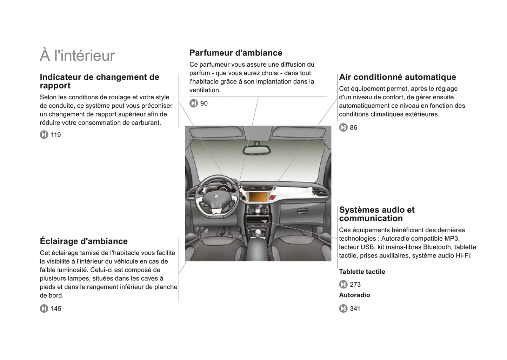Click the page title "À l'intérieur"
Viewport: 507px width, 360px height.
(x=77, y=55)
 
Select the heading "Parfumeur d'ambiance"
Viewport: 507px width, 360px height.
(x=236, y=53)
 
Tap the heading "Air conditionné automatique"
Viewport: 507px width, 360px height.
(x=398, y=77)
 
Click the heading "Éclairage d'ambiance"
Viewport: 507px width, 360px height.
(x=84, y=241)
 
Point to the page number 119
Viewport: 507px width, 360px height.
(x=56, y=135)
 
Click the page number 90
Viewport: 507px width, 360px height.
(x=204, y=104)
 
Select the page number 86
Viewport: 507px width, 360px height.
(x=353, y=128)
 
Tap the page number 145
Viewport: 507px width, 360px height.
(x=56, y=309)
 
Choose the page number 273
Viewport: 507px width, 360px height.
(x=355, y=285)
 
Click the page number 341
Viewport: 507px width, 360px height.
(x=355, y=309)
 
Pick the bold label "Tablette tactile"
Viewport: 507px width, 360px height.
(x=362, y=272)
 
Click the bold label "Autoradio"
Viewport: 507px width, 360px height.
(x=354, y=295)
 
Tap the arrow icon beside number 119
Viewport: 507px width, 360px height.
(x=44, y=135)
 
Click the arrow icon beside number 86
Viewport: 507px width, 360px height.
(x=343, y=128)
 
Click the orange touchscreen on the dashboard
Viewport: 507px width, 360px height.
(x=258, y=196)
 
